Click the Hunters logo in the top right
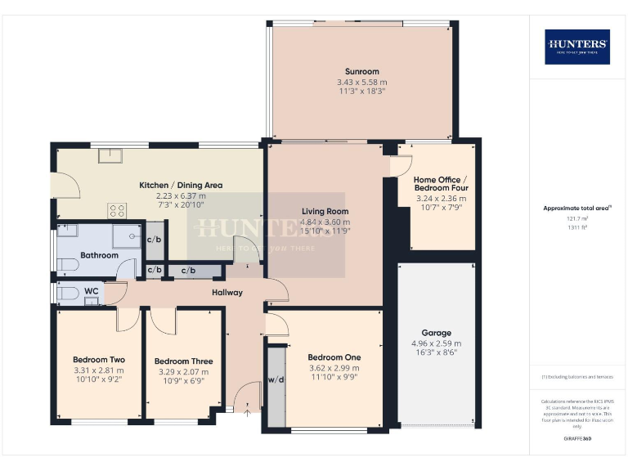[x=577, y=47]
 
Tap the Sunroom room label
[x=361, y=72]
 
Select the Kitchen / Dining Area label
[x=181, y=185]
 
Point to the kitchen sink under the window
[x=111, y=155]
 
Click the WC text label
[x=92, y=289]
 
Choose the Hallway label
[x=227, y=292]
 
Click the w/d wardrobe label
[x=275, y=379]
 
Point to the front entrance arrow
[x=247, y=411]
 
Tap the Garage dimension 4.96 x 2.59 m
[x=436, y=343]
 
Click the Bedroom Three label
[x=183, y=361]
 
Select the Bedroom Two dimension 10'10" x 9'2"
[x=98, y=379]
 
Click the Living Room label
[x=325, y=211]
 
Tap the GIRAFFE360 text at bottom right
[x=577, y=439]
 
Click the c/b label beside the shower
[x=154, y=239]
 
